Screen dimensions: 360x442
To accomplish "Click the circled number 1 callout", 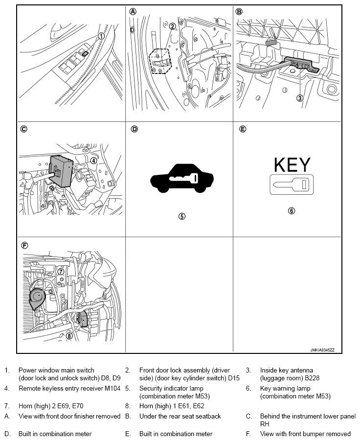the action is (101, 36).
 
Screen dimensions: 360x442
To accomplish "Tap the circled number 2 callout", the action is (172, 26).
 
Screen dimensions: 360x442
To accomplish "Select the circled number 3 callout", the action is (300, 98).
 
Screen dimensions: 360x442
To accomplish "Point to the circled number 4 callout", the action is (93, 161).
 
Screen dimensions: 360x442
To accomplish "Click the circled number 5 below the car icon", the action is (182, 216).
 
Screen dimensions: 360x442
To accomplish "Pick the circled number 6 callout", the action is (292, 210).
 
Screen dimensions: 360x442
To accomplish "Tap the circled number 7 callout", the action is (61, 272).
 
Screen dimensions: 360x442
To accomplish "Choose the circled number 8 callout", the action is (69, 336).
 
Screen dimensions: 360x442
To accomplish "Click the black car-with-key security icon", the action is (182, 179).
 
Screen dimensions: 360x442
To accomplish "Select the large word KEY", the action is (292, 165).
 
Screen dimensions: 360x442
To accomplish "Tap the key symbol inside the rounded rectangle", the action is (292, 185).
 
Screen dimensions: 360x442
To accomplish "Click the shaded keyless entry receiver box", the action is (61, 171).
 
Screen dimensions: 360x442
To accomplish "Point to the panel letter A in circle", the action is (133, 12).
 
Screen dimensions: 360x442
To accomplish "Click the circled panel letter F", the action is (25, 246).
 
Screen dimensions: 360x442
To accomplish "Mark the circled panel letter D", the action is (135, 129).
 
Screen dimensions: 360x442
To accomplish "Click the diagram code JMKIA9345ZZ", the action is (322, 350).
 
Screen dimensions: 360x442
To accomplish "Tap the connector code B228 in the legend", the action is (312, 378).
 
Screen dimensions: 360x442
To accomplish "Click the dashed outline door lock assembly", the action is (160, 61).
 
